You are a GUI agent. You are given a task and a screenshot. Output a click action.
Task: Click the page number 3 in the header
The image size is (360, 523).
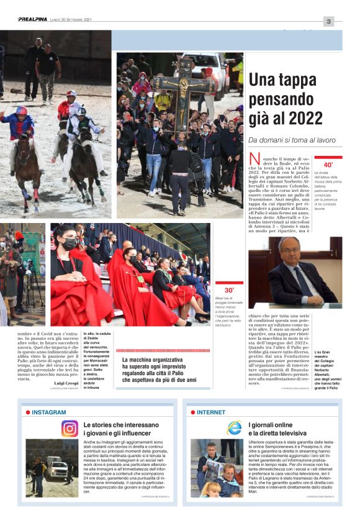click(x=328, y=21)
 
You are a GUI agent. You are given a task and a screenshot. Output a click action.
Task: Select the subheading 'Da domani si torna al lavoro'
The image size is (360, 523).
click(x=291, y=140)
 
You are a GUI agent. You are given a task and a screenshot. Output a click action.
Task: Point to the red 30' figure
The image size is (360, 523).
click(x=229, y=290)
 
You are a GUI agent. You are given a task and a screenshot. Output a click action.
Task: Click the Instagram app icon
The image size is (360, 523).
click(x=70, y=429)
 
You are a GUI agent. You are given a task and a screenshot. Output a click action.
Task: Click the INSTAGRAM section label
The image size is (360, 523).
click(x=48, y=412)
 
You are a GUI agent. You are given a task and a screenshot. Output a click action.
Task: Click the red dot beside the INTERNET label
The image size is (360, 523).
click(x=193, y=412)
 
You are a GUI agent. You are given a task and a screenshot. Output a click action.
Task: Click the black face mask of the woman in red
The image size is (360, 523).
click(x=70, y=244)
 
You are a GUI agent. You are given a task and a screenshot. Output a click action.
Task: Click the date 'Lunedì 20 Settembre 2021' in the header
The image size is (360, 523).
click(x=71, y=20)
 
